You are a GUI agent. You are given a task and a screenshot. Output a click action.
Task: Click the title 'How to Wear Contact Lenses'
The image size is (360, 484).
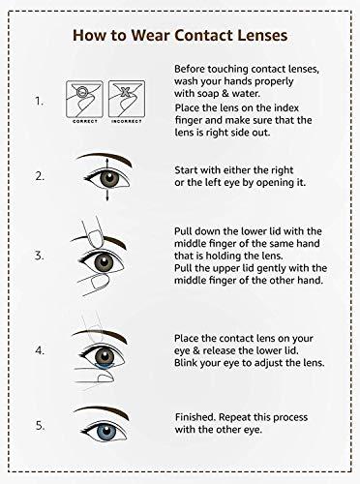pyautogui.click(x=180, y=35)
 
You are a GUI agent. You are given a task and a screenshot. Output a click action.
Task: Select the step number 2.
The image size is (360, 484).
pyautogui.click(x=39, y=177)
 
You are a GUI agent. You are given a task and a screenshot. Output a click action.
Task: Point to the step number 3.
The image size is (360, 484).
pyautogui.click(x=39, y=256)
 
